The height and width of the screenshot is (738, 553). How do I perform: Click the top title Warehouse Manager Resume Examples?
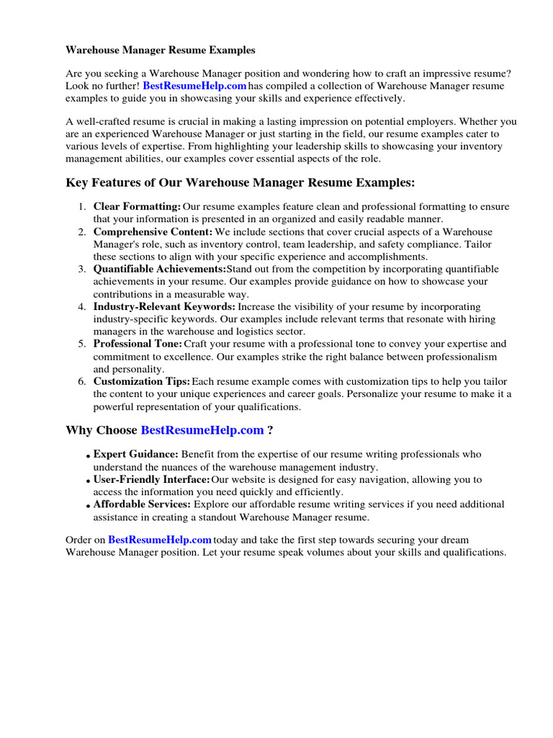point(161,50)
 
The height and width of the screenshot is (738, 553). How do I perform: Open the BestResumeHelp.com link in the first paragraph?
point(194,86)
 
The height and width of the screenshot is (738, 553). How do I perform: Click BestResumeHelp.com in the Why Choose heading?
point(202,430)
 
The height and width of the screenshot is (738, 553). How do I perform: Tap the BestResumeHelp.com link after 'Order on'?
point(160,539)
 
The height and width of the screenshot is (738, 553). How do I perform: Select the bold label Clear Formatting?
point(137,207)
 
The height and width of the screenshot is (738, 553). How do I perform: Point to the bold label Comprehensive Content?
point(153,232)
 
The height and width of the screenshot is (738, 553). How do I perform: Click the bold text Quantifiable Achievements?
point(159,269)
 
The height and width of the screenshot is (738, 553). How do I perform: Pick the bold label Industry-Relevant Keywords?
point(164,306)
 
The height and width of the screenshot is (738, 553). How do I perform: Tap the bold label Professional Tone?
point(138,344)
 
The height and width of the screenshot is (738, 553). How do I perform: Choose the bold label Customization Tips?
point(142,381)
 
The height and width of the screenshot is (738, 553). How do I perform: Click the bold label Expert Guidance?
point(136,454)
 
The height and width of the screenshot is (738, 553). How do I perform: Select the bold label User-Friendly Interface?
point(152,479)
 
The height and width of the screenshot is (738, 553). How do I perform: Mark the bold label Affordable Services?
point(142,504)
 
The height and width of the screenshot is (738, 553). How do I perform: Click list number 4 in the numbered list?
point(82,306)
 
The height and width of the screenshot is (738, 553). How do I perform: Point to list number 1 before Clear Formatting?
point(82,207)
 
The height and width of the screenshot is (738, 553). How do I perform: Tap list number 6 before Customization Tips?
point(82,381)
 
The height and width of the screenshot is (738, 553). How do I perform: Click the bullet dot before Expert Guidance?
point(87,456)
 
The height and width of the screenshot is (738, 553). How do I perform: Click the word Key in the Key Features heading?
point(76,183)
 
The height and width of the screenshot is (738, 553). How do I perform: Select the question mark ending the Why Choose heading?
point(270,430)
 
